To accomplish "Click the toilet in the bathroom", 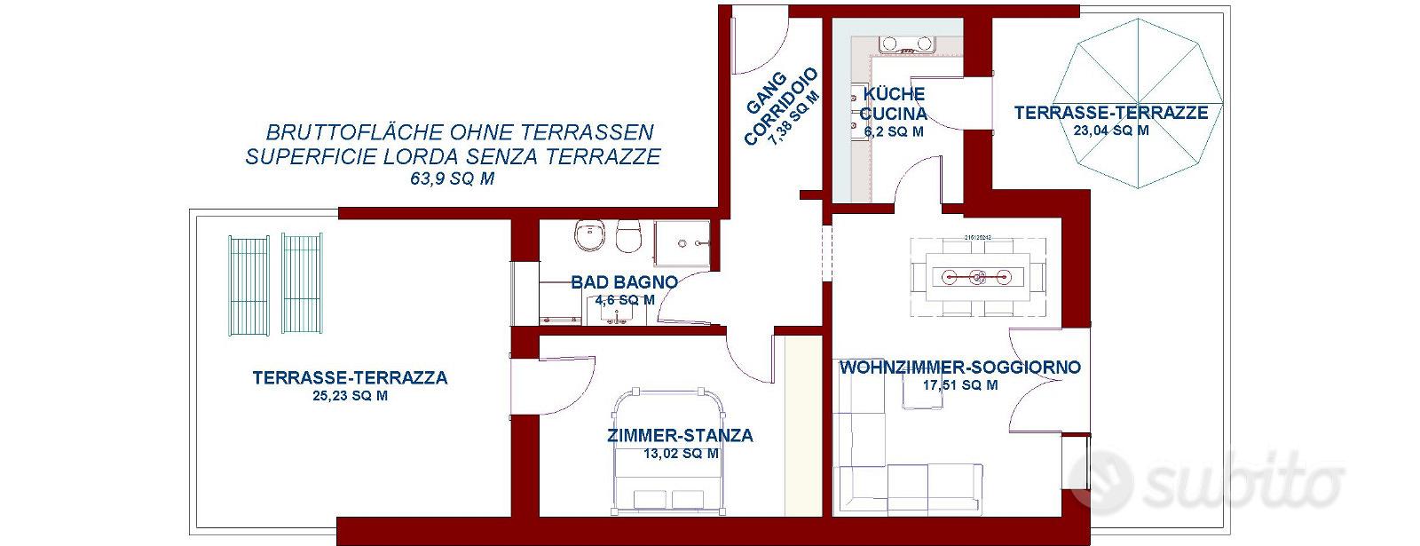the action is [629, 236].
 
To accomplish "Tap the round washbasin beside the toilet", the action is [590, 236].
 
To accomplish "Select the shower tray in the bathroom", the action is [682, 243].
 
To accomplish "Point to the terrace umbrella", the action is [1139, 103].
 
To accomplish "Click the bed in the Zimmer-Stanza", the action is [668, 451].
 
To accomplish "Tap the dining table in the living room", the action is [978, 276].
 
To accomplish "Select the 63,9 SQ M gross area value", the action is [452, 178].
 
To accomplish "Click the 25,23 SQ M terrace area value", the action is [350, 396].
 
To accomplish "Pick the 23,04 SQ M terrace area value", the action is [1111, 131].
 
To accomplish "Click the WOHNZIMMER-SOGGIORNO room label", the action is [959, 368].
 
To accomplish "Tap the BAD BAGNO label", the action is [625, 282].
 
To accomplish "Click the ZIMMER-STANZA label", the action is [680, 436].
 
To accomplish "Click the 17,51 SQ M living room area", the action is [959, 385].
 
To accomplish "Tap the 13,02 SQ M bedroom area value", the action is [681, 454].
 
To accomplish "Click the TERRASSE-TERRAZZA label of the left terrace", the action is [350, 378].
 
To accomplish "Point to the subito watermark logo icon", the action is [1100, 480].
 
